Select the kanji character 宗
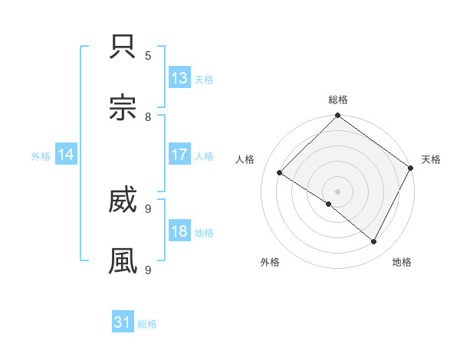pos(123,108)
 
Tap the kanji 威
pos(123,201)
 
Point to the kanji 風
pos(123,261)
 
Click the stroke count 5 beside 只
pos(149,55)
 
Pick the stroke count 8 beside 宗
pos(149,116)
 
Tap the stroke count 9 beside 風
pos(149,270)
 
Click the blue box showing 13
pos(179,78)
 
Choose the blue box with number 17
pos(179,155)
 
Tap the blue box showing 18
pos(179,231)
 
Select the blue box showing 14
pos(66,155)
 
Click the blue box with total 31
pos(123,323)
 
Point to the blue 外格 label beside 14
pos(41,155)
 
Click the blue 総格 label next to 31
pos(147,324)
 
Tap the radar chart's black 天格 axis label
pos(431,159)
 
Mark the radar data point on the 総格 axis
pos(337,116)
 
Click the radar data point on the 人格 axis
pos(280,173)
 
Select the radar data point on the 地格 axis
pos(374,242)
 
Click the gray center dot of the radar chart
pos(337,191)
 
